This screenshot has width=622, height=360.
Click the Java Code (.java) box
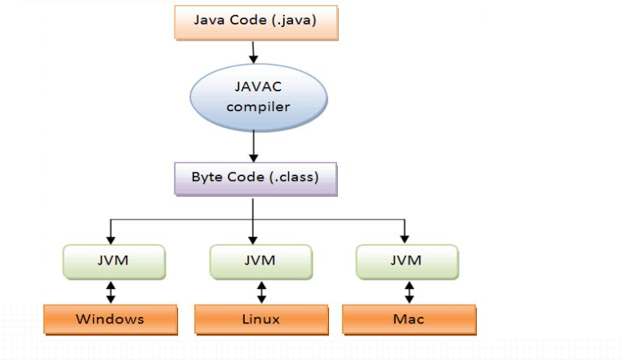255,21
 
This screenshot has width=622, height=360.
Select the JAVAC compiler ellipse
258,96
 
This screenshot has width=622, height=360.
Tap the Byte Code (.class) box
255,177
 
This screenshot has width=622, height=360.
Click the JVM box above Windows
113,260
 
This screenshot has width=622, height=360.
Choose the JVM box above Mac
407,260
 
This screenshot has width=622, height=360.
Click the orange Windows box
110,318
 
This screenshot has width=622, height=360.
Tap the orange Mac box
408,318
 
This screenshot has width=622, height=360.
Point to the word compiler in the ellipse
258,107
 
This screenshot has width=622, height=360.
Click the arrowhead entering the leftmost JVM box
111,238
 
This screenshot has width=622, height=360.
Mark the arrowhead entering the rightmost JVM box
406,238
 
